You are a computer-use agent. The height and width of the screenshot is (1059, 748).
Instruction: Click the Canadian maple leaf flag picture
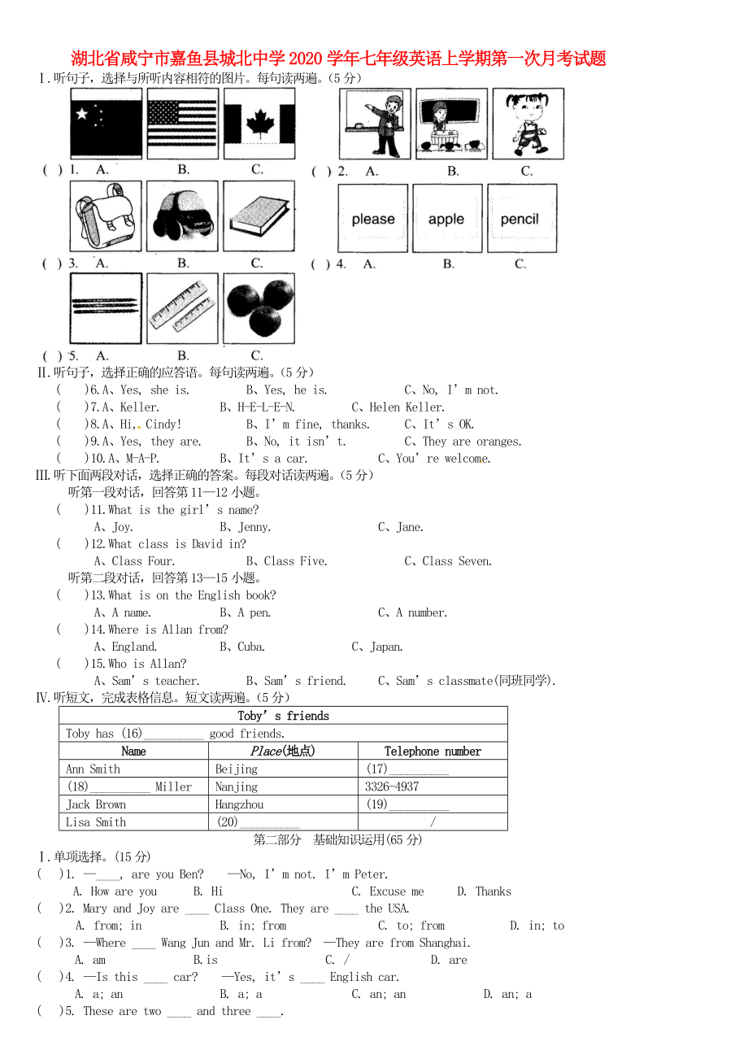[x=259, y=123]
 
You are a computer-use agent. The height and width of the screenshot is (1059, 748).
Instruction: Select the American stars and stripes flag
[x=182, y=123]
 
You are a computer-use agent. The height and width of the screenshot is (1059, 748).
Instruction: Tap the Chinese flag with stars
[x=106, y=123]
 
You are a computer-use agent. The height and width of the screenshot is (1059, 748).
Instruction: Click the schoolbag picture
[x=106, y=216]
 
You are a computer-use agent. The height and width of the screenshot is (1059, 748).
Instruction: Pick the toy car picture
[x=182, y=216]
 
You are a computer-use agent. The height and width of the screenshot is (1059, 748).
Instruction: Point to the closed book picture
[x=259, y=216]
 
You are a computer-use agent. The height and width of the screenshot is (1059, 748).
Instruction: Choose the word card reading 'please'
[x=373, y=219]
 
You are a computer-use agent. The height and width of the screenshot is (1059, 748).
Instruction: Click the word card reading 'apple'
[x=446, y=219]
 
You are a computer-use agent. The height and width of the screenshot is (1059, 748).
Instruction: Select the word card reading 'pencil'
[x=521, y=219]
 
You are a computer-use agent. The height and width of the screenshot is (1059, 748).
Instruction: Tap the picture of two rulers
[x=182, y=309]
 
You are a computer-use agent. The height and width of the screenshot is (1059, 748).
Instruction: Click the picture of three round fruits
[x=259, y=309]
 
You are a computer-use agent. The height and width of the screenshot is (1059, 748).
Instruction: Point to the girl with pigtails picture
[x=528, y=124]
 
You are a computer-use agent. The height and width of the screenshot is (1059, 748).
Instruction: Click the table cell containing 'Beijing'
[x=237, y=769]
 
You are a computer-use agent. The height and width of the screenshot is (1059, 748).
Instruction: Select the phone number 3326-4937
[x=392, y=787]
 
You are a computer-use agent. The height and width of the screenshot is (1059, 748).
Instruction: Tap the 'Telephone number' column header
[x=433, y=752]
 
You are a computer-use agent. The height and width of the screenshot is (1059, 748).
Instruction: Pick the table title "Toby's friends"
[x=283, y=716]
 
